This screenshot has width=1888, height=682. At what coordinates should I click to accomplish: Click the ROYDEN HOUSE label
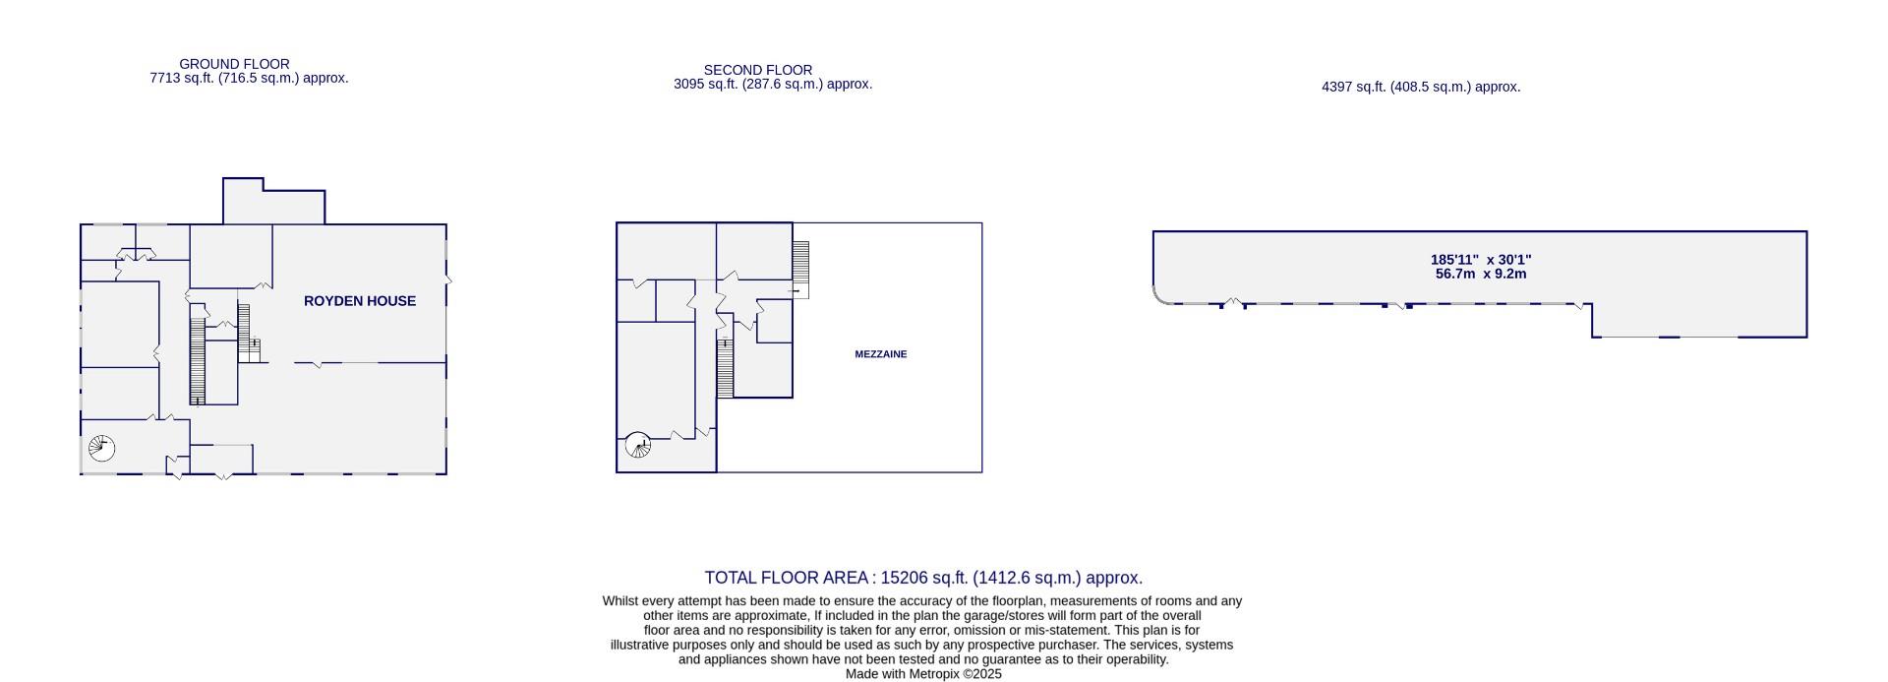click(359, 301)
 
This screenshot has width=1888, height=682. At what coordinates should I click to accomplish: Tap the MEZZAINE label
click(880, 354)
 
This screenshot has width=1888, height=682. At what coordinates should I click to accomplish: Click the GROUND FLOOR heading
click(234, 64)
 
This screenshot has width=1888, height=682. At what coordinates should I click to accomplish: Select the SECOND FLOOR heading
click(757, 70)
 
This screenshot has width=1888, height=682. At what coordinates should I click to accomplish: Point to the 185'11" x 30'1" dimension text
click(1480, 260)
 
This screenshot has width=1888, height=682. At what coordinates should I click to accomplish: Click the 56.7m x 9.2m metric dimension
click(1480, 274)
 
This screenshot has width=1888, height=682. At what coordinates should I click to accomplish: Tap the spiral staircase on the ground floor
click(101, 449)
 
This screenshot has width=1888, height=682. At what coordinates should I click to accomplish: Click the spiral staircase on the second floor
click(638, 446)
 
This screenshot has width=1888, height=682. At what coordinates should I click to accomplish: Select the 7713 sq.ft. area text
click(182, 78)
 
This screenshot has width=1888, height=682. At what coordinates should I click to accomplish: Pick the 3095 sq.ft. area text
click(706, 85)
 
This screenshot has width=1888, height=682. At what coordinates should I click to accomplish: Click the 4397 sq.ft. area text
click(1354, 87)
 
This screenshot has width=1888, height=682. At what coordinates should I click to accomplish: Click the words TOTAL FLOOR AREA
click(786, 578)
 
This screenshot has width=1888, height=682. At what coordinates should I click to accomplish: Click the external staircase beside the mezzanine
click(800, 268)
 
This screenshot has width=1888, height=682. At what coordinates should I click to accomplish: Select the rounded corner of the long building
click(1161, 295)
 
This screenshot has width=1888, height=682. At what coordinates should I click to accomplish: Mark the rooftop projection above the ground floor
click(272, 202)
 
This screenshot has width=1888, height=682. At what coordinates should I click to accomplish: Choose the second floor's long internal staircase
click(725, 369)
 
